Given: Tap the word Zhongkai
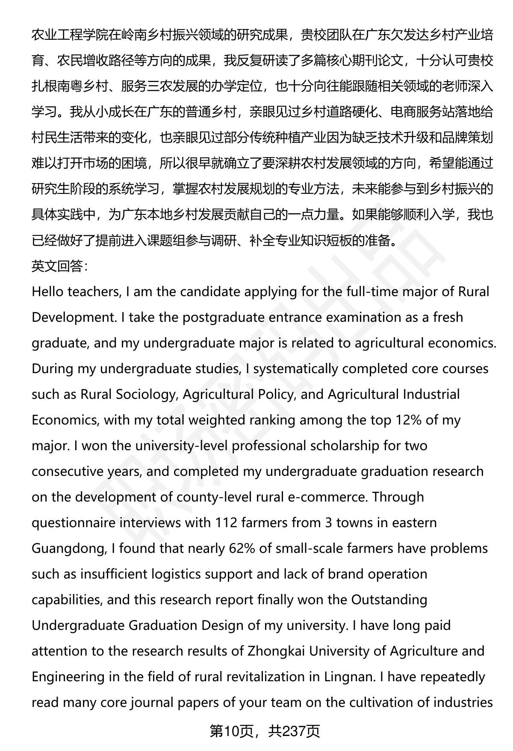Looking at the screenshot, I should [276, 651].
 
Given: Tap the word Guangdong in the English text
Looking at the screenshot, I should [69, 548].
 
